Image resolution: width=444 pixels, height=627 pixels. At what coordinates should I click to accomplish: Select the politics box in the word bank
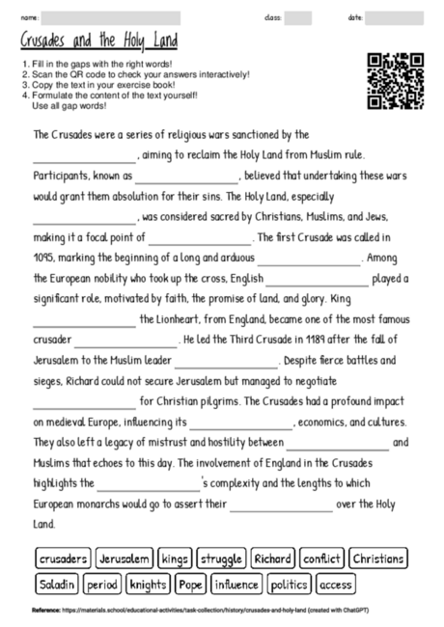click(289, 584)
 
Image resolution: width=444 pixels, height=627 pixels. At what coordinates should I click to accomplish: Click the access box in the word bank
click(336, 584)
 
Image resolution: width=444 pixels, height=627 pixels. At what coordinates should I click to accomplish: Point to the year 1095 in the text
click(44, 258)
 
